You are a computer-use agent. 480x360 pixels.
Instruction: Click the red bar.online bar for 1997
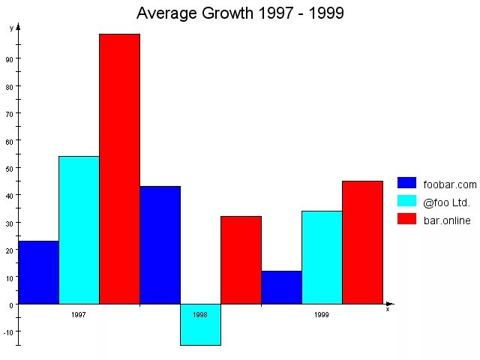(x=119, y=169)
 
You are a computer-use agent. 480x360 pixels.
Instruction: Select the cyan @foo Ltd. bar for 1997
(x=79, y=229)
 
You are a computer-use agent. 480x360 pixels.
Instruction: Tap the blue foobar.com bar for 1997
(x=38, y=272)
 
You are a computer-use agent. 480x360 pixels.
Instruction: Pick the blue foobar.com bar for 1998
(x=160, y=244)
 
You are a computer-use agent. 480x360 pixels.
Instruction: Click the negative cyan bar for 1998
(x=200, y=325)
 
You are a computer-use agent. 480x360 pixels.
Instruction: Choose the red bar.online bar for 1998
(x=241, y=259)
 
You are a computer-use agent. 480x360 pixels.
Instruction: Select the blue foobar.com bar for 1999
(x=281, y=287)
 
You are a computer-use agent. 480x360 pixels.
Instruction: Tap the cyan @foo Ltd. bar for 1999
(x=322, y=257)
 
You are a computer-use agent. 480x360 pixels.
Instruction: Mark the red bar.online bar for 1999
(x=362, y=242)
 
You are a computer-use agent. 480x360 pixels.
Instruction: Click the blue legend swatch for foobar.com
(x=406, y=183)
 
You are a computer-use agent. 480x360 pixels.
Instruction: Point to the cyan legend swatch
(x=406, y=201)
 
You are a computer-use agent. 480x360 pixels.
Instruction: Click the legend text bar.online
(x=447, y=220)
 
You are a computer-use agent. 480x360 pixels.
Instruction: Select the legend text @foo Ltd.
(x=446, y=202)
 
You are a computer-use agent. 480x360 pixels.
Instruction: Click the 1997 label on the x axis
(x=79, y=315)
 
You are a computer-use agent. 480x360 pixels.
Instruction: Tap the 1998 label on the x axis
(x=200, y=315)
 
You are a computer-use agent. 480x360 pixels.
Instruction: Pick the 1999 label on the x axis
(x=322, y=315)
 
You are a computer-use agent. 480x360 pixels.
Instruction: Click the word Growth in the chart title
(x=225, y=13)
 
